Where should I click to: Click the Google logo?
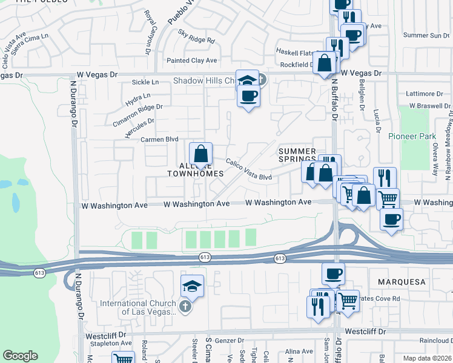click(x=20, y=356)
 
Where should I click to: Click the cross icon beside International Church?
click(x=185, y=307)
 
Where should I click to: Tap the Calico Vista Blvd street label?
click(x=249, y=169)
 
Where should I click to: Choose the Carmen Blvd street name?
click(x=155, y=139)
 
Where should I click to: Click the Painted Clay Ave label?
click(x=192, y=60)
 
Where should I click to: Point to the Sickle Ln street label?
click(x=145, y=82)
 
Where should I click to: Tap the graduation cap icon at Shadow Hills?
click(x=247, y=80)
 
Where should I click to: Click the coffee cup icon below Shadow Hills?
click(x=247, y=95)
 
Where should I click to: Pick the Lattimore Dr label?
click(x=426, y=94)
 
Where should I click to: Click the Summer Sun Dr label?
click(x=426, y=35)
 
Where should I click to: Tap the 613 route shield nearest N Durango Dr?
click(x=39, y=273)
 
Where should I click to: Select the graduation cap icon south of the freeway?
click(x=192, y=285)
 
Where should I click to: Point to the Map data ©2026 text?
click(x=428, y=358)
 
